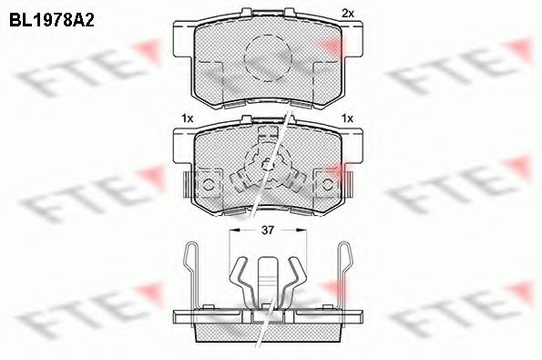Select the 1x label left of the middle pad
187,118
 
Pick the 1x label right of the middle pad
346,118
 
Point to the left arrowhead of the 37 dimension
232,231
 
